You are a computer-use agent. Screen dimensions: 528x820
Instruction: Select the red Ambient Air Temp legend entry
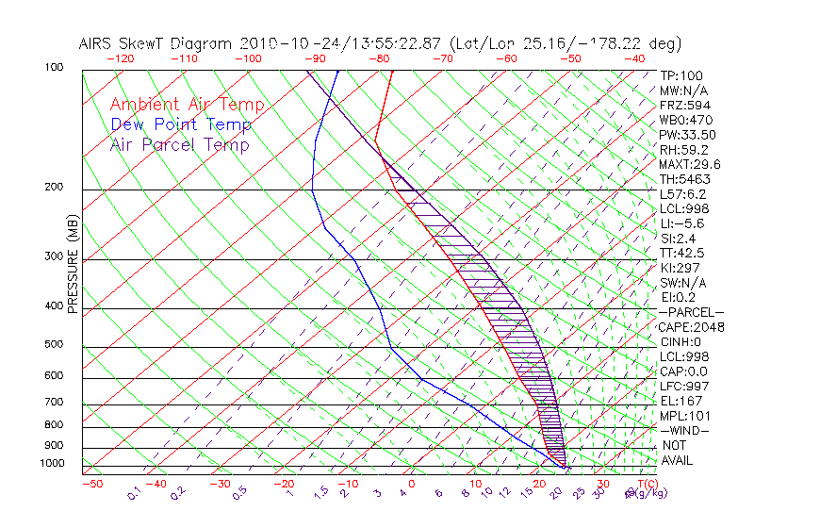point(187,105)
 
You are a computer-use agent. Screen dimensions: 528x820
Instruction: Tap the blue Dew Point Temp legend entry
point(180,124)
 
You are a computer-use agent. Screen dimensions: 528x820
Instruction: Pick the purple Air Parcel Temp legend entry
point(179,144)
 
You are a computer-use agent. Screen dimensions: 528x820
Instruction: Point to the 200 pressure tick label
point(53,187)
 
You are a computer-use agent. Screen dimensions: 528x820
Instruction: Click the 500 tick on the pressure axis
point(53,345)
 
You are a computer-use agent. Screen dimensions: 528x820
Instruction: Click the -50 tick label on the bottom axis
point(91,485)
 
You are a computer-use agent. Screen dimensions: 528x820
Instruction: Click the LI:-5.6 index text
point(681,223)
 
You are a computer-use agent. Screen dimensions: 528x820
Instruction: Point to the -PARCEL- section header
point(691,312)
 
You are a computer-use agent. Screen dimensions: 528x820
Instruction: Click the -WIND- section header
point(685,430)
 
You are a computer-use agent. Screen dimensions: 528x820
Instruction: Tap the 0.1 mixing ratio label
point(134,492)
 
